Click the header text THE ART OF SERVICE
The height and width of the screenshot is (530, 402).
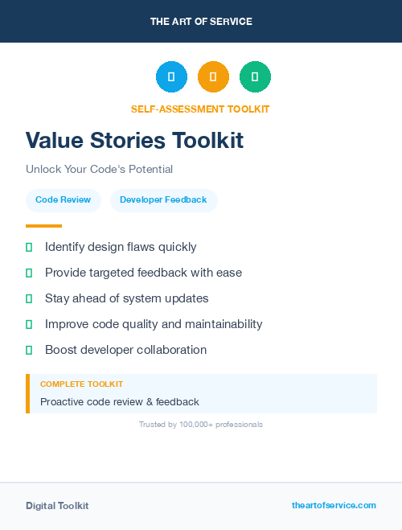201,22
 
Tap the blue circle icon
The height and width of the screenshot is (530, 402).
171,76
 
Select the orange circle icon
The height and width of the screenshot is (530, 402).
213,76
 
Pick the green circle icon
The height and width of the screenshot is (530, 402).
255,76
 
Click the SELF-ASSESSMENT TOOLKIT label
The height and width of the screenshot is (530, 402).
200,109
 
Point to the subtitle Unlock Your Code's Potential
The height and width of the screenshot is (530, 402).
99,169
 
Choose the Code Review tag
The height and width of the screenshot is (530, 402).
63,200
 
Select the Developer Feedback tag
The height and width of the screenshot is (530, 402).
163,200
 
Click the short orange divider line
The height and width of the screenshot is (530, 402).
43,226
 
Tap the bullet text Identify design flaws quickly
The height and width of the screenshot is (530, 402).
121,247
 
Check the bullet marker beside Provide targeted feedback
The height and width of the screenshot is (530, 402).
29,273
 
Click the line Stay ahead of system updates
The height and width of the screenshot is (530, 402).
126,298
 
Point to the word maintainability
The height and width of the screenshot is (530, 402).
218,324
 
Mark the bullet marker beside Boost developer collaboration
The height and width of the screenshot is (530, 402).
29,350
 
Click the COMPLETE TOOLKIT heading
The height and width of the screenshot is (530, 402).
81,384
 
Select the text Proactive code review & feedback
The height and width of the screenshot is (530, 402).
119,401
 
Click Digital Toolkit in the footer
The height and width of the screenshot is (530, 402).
57,506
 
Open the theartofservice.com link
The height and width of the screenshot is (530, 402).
334,505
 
